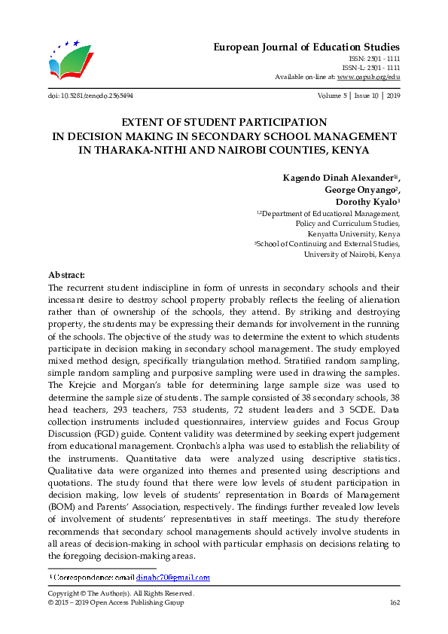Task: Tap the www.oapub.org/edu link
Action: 368,77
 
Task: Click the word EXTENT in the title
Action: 145,122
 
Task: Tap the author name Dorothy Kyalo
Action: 366,203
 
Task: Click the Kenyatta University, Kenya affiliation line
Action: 353,233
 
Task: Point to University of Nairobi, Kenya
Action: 352,255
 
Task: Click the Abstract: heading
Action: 66,276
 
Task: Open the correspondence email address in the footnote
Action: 172,578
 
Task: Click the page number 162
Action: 394,602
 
